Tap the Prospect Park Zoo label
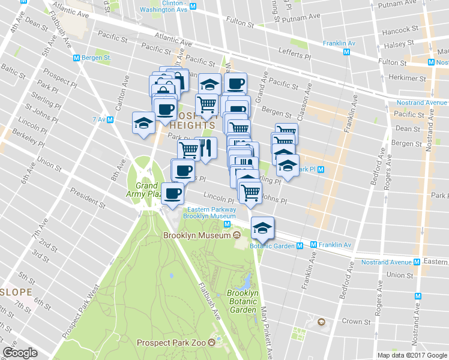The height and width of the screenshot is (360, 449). [172, 343]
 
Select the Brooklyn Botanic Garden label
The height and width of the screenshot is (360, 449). [243, 302]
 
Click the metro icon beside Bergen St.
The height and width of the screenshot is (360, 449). [76, 58]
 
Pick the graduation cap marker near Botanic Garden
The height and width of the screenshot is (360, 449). [262, 228]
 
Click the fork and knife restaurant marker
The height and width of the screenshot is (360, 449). [205, 148]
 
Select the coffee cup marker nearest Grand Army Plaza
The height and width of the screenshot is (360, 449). [173, 193]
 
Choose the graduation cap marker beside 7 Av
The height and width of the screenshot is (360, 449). [144, 124]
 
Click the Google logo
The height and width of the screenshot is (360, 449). [20, 353]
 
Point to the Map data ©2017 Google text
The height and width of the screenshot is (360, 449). [411, 355]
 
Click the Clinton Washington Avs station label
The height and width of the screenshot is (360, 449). [163, 7]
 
